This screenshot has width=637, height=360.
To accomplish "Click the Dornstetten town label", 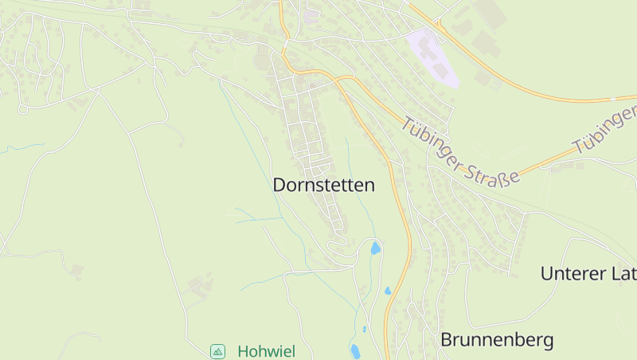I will (323, 185).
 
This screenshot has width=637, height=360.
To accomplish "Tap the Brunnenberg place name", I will (497, 340).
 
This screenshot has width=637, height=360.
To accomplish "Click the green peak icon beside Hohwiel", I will (217, 351).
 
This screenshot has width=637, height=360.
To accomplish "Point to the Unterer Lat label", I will (588, 274).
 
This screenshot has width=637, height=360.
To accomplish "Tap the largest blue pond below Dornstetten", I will (374, 248).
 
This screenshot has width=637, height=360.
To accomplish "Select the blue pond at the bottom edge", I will (354, 350).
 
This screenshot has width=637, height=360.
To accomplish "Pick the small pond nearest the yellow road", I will (388, 291).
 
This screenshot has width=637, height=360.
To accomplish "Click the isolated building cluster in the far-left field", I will (76, 271).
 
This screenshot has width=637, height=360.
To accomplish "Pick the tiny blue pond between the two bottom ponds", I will (364, 328).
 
